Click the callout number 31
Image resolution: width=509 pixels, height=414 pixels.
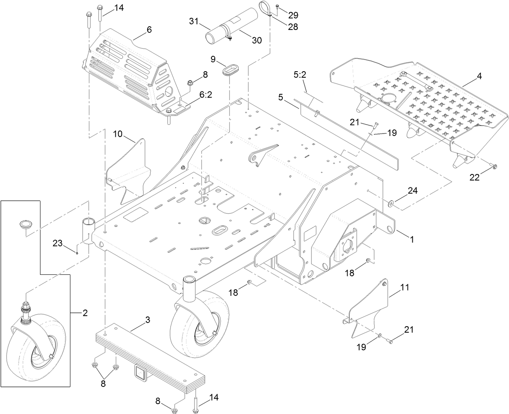[x=194, y=21]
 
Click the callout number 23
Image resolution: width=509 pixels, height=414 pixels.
[x=58, y=243]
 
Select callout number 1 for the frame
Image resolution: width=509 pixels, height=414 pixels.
[x=412, y=239]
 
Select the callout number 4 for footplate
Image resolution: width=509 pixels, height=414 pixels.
[x=479, y=76]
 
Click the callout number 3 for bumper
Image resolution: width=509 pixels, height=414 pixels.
[x=148, y=320]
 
